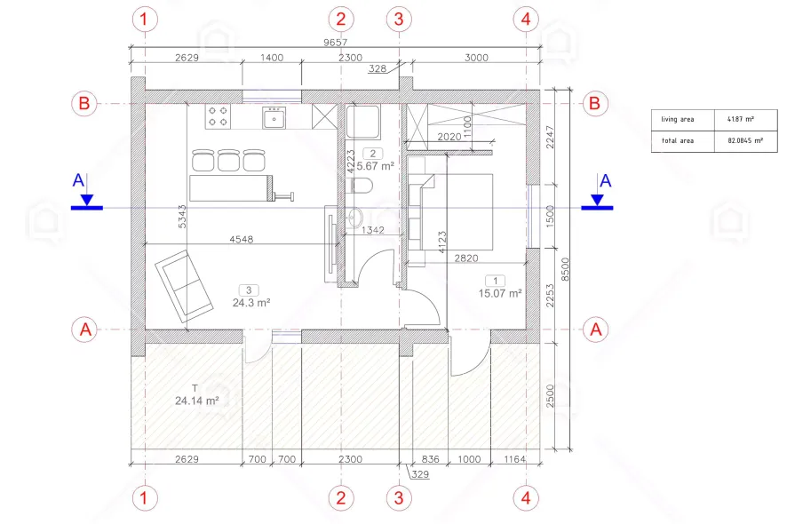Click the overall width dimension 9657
(x=335, y=42)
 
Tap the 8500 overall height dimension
(x=565, y=269)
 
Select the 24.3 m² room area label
(x=251, y=303)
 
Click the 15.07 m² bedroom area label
(x=500, y=293)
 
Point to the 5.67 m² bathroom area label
(x=376, y=165)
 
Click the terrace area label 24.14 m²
(x=197, y=401)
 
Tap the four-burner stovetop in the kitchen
(x=218, y=116)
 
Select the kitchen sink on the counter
(x=274, y=117)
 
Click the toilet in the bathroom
(x=360, y=186)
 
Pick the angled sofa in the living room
(x=183, y=286)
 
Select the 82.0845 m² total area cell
(x=745, y=141)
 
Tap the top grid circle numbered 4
(x=526, y=19)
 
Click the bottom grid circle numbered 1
(x=145, y=498)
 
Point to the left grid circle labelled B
(x=83, y=103)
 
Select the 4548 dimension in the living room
(x=242, y=240)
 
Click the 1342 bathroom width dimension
(x=373, y=230)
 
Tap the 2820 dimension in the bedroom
(x=466, y=258)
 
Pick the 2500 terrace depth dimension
(x=550, y=396)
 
